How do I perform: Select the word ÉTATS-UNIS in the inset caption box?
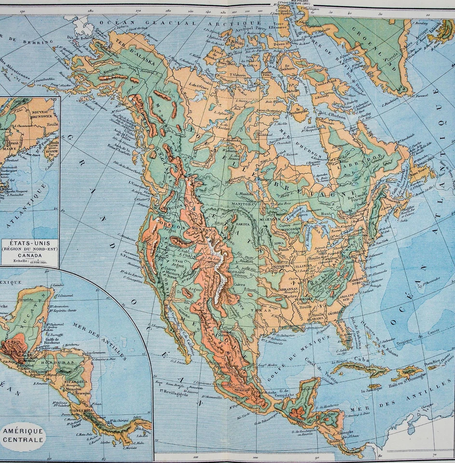coord(29,243)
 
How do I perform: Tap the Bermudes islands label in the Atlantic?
coord(432,280)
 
